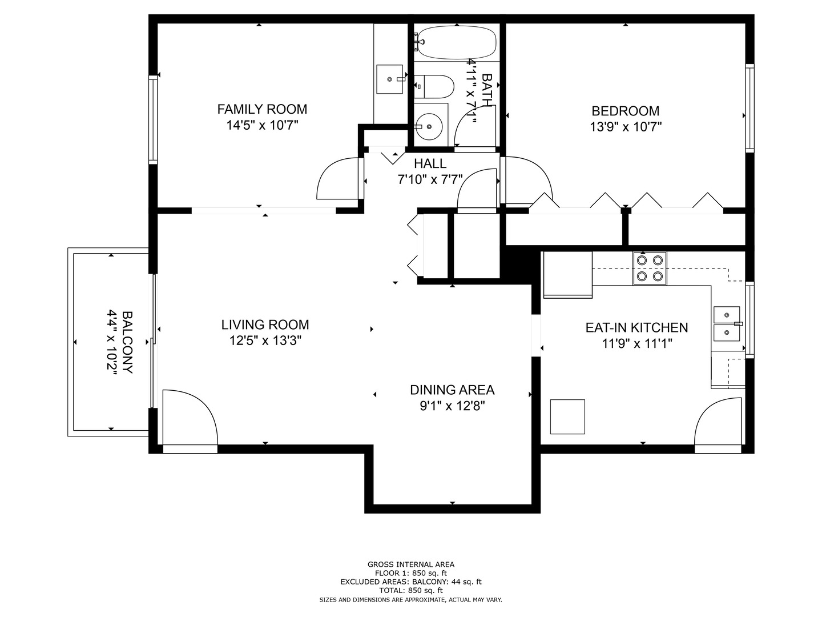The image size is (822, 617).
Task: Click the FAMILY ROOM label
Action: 262,109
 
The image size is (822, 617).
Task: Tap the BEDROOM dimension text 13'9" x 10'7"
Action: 625,127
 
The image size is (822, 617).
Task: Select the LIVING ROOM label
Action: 265,325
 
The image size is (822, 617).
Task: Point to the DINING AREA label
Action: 452,390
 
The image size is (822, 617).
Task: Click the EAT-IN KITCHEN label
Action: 636,328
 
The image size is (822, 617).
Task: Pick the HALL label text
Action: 430,164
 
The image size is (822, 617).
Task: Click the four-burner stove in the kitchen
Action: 650,268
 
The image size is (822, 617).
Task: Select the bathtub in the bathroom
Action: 455,42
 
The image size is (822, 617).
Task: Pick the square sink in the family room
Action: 390,79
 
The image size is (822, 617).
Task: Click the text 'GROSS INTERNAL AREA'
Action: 411,564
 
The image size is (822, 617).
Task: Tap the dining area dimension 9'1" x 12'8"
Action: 452,406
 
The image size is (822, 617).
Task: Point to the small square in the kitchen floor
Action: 567,416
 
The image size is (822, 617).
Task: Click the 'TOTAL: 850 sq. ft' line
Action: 411,590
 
